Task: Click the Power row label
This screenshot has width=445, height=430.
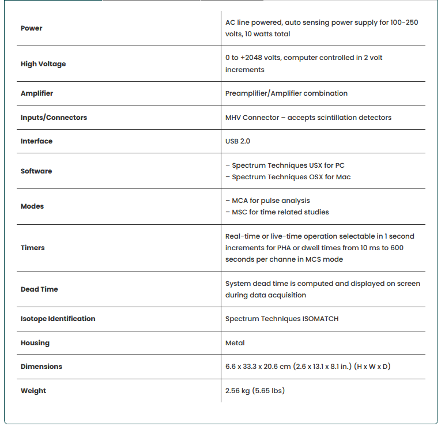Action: (32, 28)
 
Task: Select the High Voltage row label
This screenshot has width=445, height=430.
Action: (43, 64)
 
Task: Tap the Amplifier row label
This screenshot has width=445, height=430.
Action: (37, 93)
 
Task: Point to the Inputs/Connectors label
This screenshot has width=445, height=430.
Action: (54, 118)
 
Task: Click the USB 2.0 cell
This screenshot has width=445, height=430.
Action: (237, 141)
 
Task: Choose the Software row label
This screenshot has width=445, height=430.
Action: (36, 171)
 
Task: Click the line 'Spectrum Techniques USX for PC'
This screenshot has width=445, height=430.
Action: (288, 165)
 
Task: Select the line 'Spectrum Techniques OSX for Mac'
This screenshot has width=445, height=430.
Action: (291, 177)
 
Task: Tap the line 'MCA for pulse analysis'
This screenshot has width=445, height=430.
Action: (270, 201)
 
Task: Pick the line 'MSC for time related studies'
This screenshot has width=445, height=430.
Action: (280, 212)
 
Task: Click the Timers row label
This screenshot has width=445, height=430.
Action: (33, 248)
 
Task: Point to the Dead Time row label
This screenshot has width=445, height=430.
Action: (39, 289)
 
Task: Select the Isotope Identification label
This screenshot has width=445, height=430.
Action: (58, 319)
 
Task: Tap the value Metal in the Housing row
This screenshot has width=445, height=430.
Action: (235, 343)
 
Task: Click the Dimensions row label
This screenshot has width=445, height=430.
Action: (42, 367)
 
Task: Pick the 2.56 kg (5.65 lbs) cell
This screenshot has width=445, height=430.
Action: (255, 391)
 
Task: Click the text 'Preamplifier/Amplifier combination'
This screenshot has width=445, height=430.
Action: (286, 93)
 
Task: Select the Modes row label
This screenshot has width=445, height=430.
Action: (32, 206)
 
